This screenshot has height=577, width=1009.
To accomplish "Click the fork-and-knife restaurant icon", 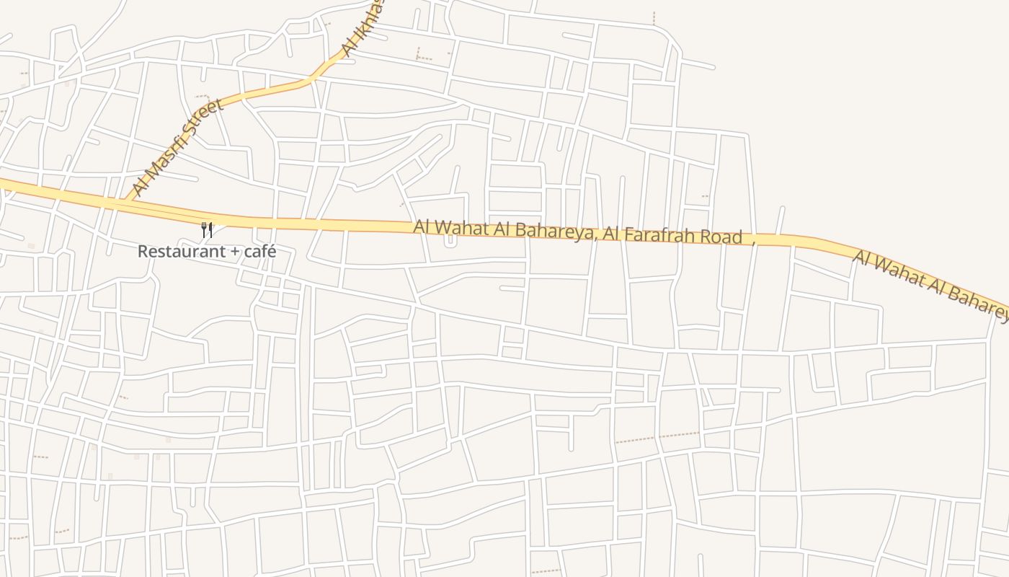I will pos(207,230).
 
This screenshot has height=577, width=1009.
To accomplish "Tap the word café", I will pos(259,252).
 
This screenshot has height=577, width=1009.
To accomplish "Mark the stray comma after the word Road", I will pos(753,243).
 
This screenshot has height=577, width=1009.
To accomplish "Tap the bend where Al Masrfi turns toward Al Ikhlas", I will pos(311,79).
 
